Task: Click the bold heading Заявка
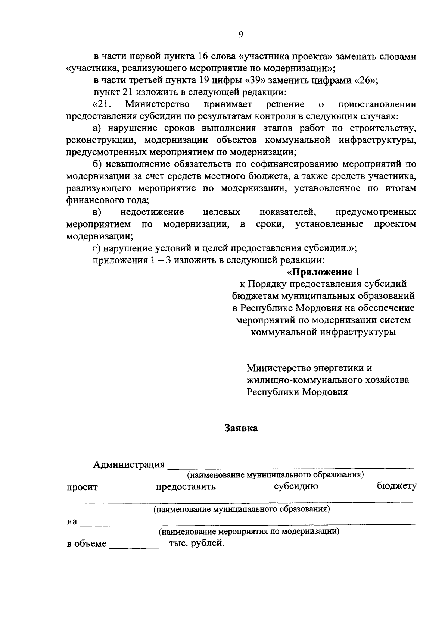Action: click(x=241, y=428)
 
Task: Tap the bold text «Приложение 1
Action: click(x=323, y=272)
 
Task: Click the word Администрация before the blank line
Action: click(x=129, y=464)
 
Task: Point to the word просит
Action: click(x=82, y=487)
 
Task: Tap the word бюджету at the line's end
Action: click(x=396, y=486)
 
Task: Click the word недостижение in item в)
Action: click(x=152, y=212)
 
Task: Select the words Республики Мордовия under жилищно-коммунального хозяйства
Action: click(x=297, y=392)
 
